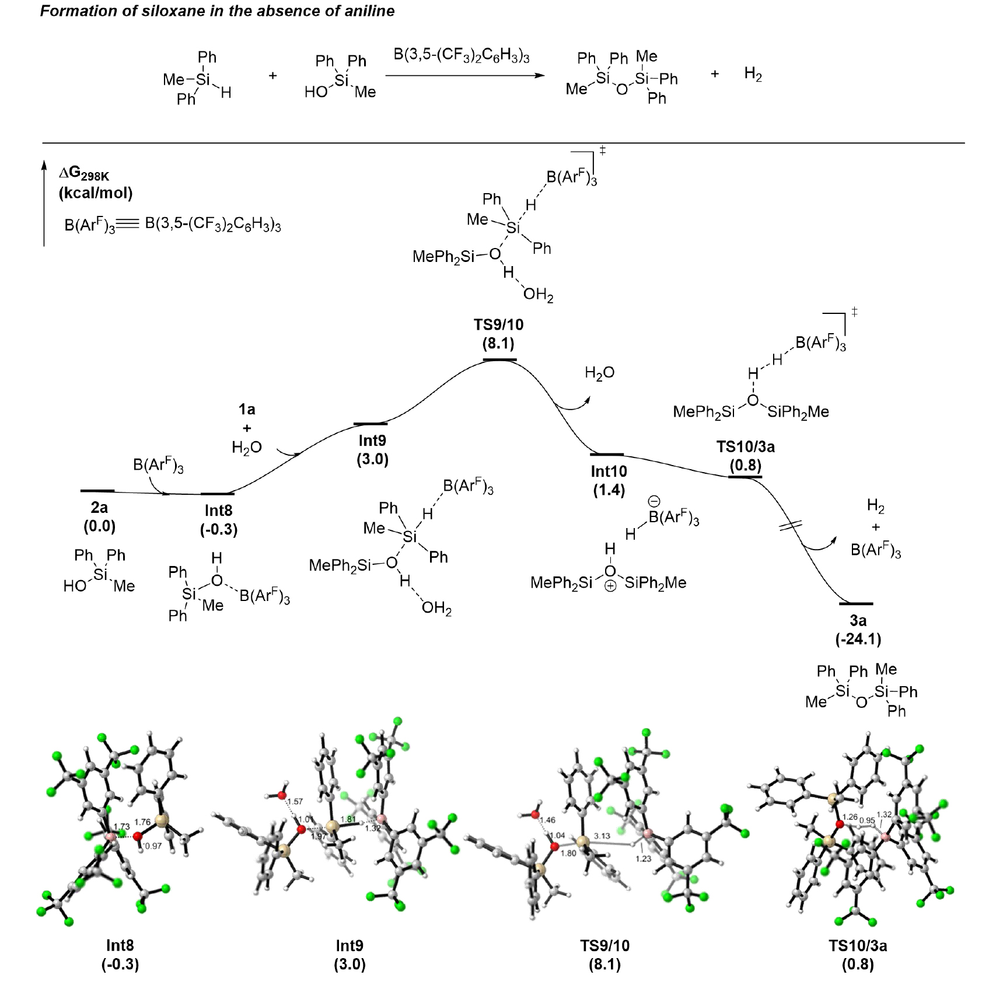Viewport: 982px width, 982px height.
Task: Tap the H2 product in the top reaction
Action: (x=753, y=75)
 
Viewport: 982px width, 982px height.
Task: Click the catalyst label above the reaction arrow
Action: (x=461, y=56)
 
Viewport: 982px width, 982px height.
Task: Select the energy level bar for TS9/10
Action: (x=499, y=360)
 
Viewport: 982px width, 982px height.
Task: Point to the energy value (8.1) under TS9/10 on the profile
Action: (x=498, y=343)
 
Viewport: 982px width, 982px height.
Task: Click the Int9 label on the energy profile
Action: (x=372, y=441)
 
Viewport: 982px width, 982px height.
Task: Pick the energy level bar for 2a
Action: (x=97, y=491)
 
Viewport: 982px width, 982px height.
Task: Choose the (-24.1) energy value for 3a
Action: (x=858, y=639)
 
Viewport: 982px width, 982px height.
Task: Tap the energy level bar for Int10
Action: (x=607, y=454)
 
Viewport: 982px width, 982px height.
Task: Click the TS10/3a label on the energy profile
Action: (x=745, y=447)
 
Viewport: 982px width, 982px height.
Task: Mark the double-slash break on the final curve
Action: (x=791, y=525)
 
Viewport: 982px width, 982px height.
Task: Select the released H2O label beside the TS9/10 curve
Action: (x=599, y=373)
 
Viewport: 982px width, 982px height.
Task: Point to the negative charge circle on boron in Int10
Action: (x=654, y=502)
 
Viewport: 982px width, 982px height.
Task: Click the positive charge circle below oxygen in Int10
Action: (x=610, y=586)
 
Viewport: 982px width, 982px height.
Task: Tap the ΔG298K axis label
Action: (x=84, y=174)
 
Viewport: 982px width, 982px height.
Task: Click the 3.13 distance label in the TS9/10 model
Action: (x=602, y=836)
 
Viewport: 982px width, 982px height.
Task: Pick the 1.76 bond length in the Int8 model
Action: (x=142, y=822)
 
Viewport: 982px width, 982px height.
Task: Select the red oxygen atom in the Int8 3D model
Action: (x=138, y=836)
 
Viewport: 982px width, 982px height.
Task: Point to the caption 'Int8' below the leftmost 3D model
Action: (x=120, y=945)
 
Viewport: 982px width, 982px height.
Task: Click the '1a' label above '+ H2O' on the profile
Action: (x=247, y=410)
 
